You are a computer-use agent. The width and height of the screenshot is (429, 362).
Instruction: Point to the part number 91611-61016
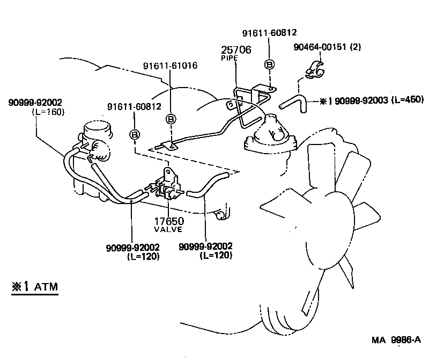tap(170, 66)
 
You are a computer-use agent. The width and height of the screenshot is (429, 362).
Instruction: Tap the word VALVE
tap(169, 229)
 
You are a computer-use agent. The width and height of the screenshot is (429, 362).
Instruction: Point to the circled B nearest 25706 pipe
tap(270, 66)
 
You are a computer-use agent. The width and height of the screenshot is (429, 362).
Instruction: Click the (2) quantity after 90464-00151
tap(356, 47)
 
